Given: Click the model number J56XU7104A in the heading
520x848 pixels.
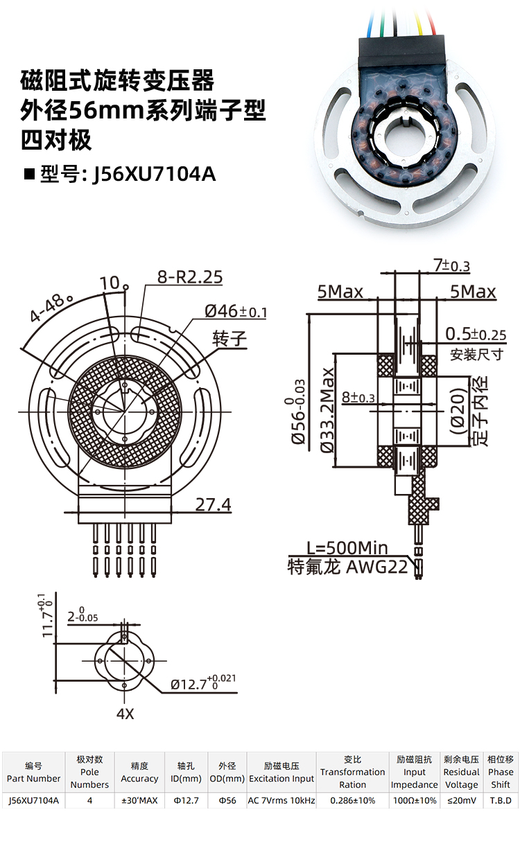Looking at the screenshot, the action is [x=154, y=175].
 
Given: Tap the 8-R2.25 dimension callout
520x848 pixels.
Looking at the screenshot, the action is [x=190, y=277].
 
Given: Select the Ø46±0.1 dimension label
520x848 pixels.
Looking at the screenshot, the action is [x=236, y=312].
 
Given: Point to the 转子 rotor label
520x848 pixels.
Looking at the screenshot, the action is [x=229, y=339].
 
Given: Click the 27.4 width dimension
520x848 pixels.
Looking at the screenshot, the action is [x=213, y=504].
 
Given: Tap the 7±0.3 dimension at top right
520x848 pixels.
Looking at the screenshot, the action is [x=451, y=265].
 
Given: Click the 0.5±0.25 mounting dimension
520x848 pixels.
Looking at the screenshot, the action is [x=476, y=334].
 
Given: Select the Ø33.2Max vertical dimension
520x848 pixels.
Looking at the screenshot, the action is [x=327, y=410].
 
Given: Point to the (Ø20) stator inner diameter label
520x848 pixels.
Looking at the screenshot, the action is [x=457, y=411].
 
